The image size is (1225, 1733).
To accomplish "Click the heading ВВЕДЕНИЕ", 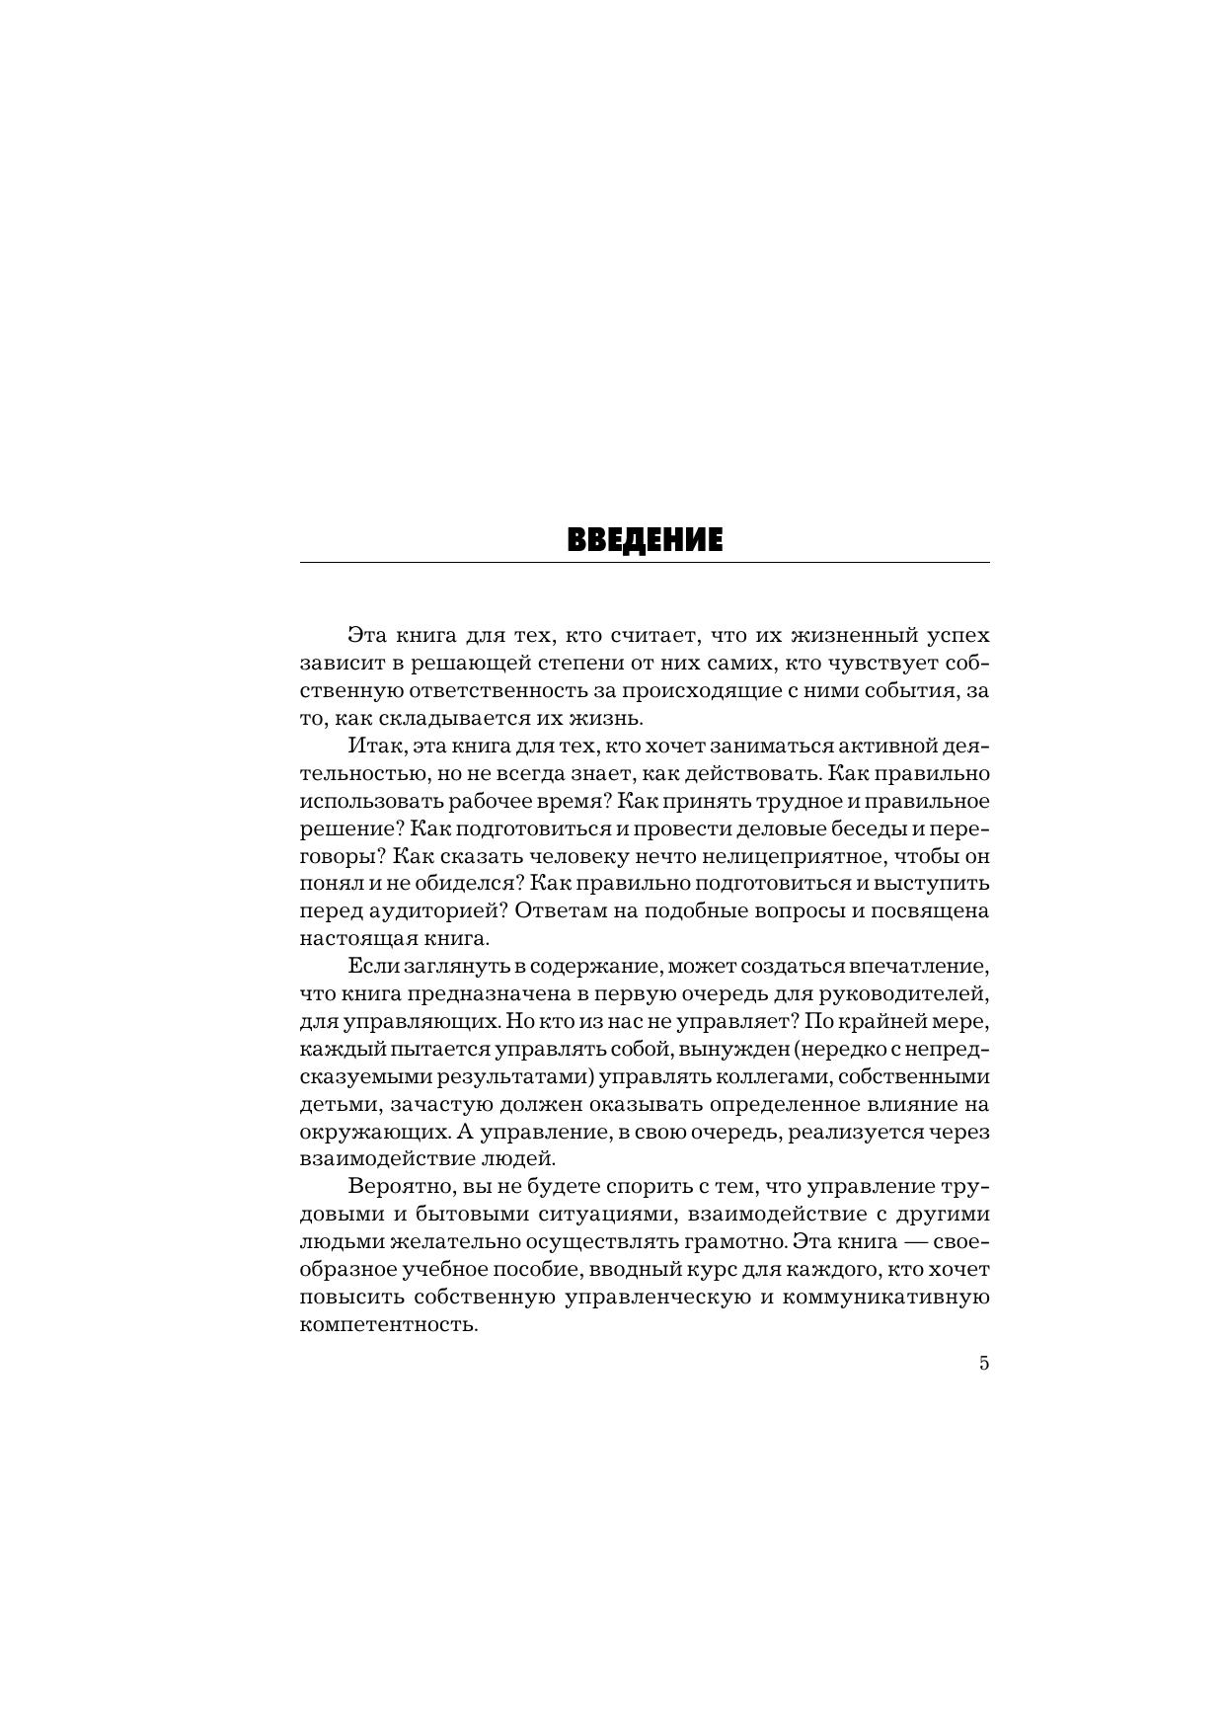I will pyautogui.click(x=644, y=540).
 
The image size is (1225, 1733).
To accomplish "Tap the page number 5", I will pyautogui.click(x=983, y=1364).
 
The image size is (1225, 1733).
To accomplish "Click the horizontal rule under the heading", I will pyautogui.click(x=644, y=563).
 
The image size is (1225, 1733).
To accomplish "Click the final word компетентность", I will pyautogui.click(x=389, y=1324).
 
